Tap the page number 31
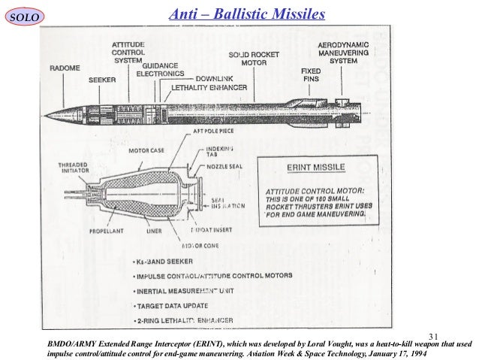coord(433,334)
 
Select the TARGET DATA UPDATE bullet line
coord(178,307)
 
